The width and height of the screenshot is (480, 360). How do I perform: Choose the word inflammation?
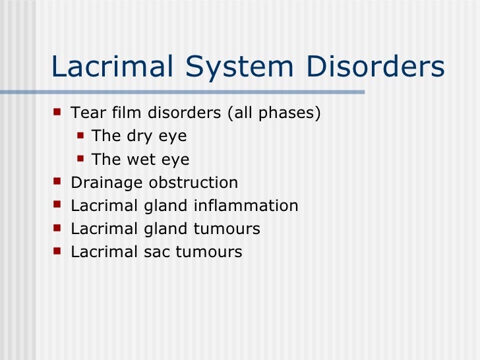tap(246, 206)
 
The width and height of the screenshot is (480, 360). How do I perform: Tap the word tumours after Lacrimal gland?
tap(227, 229)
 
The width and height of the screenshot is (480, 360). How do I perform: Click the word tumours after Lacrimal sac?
tap(209, 252)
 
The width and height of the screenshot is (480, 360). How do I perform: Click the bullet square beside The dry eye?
tap(80, 136)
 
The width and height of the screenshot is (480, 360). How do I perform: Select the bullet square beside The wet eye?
tap(80, 159)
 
